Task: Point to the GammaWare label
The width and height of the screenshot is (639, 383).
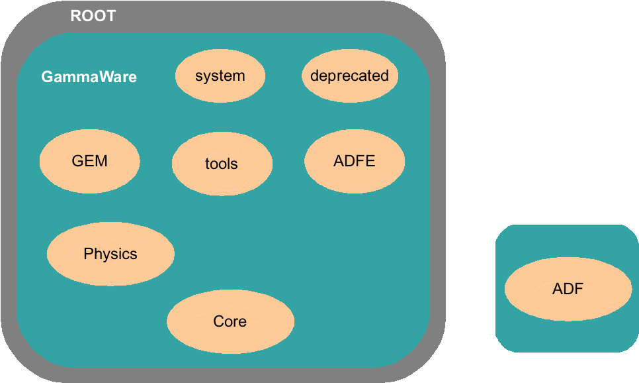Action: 89,77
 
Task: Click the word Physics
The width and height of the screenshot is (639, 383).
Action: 110,254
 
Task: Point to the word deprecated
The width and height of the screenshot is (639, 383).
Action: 349,76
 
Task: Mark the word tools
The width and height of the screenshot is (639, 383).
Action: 222,164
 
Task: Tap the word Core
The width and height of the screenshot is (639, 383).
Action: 230,321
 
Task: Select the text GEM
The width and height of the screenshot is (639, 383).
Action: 90,161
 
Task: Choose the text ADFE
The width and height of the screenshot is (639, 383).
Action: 355,161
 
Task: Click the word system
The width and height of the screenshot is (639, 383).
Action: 220,76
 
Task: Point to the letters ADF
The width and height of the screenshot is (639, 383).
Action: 568,289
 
